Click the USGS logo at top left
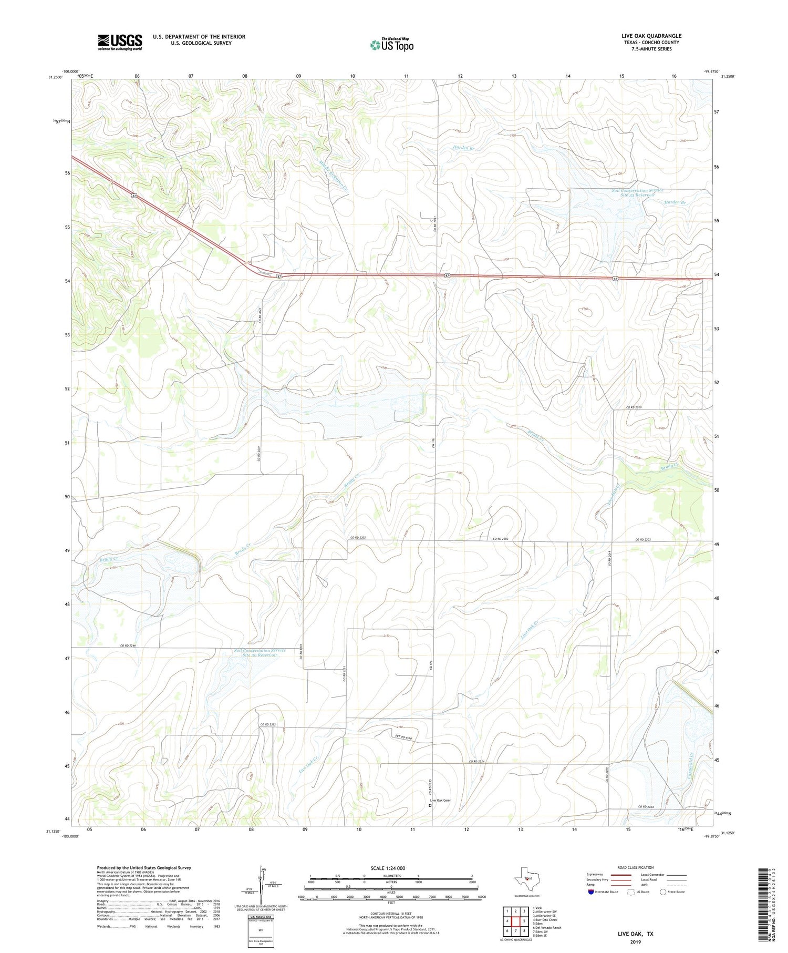click(x=120, y=42)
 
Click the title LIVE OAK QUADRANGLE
click(x=651, y=36)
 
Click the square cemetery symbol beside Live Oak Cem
click(x=430, y=805)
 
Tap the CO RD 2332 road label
click(x=268, y=725)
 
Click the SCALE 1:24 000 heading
click(x=388, y=868)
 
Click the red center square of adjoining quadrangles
click(x=515, y=921)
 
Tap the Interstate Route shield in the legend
click(x=590, y=892)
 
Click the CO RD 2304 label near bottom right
click(x=647, y=806)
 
